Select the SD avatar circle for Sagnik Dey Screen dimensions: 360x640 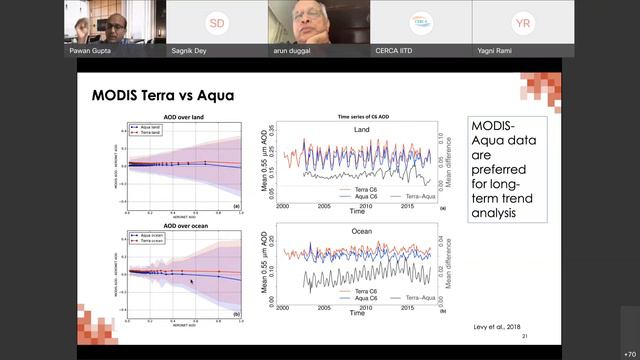coord(217,22)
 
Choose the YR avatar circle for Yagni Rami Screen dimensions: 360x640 coord(522,22)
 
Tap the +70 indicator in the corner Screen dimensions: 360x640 coord(628,352)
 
